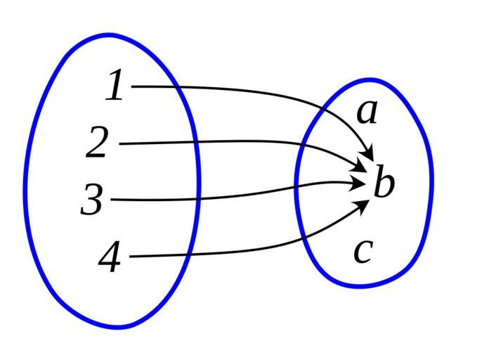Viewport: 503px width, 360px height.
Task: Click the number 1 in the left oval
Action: [x=116, y=86]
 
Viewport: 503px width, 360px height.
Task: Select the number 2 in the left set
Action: [x=98, y=143]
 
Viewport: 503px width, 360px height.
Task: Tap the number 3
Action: [x=92, y=200]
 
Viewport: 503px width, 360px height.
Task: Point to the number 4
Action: [x=110, y=257]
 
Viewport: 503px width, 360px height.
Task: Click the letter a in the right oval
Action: [x=367, y=111]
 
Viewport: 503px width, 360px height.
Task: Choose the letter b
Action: [x=384, y=184]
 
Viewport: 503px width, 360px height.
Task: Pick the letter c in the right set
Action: [x=362, y=251]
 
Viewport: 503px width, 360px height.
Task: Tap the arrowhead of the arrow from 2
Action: [x=362, y=169]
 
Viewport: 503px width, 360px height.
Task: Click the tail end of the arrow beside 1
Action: [x=133, y=86]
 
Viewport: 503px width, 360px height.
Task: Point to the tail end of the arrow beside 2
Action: [x=120, y=143]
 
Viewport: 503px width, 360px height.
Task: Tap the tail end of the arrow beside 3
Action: [x=112, y=200]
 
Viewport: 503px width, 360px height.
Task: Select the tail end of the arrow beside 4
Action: [x=131, y=257]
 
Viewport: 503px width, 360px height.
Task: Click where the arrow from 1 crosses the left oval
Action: [x=176, y=87]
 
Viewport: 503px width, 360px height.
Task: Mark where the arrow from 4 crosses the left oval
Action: [x=190, y=255]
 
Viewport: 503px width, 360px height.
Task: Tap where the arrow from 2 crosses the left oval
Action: [x=196, y=142]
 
